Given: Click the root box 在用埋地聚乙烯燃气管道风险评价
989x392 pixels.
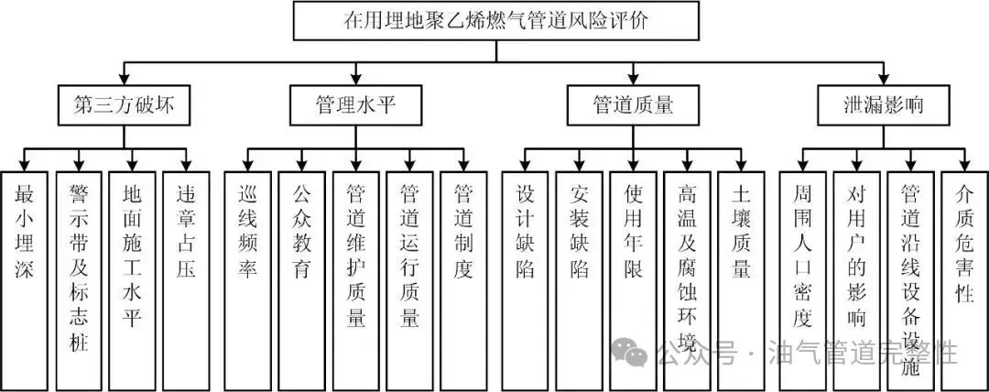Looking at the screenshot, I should [495, 21].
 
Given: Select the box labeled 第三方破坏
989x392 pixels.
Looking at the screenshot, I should [124, 105].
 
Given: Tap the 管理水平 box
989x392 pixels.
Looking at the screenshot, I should [356, 105].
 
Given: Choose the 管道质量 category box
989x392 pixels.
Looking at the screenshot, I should [633, 105].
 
